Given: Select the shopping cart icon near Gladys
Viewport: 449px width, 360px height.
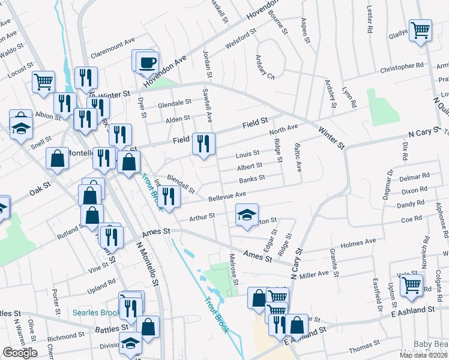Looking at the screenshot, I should click(420, 31).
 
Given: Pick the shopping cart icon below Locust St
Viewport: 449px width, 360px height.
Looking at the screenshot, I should click(43, 82).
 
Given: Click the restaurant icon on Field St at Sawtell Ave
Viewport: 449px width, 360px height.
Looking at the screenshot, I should click(203, 144).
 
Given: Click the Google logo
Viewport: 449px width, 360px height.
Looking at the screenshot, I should click(20, 353).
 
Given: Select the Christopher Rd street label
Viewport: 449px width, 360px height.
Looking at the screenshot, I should click(402, 68).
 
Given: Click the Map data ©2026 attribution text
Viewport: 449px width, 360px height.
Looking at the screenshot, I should click(423, 355).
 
